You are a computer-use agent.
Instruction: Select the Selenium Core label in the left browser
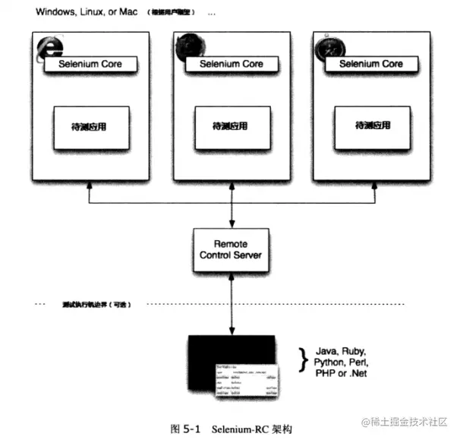click(x=91, y=65)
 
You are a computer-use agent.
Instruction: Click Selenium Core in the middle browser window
click(x=231, y=65)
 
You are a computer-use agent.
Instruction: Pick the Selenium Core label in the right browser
click(x=370, y=65)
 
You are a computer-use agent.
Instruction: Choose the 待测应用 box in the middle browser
click(x=231, y=126)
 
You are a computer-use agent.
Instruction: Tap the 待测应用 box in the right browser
click(x=370, y=126)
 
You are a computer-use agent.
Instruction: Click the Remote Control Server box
click(x=231, y=249)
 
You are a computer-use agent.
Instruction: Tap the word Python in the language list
click(x=329, y=363)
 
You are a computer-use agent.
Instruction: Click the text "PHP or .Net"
click(x=339, y=374)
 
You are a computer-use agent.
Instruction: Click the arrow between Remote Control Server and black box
click(x=231, y=304)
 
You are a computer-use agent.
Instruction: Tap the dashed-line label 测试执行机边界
click(x=96, y=304)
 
